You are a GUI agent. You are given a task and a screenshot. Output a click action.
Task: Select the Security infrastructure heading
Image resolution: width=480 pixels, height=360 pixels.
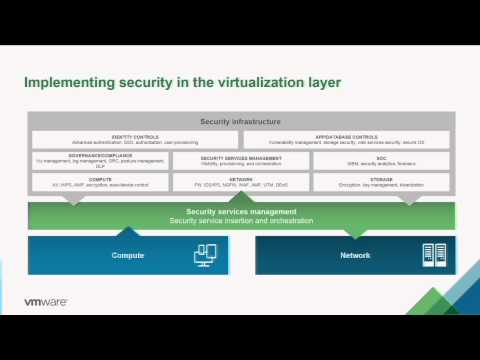coord(240,121)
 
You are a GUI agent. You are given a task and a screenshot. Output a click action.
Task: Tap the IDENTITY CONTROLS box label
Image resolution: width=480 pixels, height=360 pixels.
coord(135,136)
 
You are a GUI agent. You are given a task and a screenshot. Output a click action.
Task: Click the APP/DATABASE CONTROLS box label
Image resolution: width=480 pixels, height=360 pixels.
coord(347,136)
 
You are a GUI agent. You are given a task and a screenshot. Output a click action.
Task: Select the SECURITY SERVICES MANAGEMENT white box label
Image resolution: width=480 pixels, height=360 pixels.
coord(241,157)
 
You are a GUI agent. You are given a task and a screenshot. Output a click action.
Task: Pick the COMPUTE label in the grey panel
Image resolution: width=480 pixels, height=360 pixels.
coord(99,178)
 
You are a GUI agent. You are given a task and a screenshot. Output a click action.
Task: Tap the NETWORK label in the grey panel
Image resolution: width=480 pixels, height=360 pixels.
coord(241,178)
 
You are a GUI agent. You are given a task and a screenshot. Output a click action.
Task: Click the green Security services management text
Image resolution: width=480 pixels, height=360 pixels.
coord(241,212)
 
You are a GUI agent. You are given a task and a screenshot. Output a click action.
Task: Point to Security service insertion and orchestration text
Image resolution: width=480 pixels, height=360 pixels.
coord(241,220)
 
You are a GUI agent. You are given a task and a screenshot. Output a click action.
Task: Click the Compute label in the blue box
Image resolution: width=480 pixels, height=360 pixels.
coord(127,255)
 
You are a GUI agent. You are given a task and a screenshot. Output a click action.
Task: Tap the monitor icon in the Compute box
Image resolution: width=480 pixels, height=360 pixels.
coord(204,255)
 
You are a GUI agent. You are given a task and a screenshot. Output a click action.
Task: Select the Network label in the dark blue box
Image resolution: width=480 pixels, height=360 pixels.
coord(354,255)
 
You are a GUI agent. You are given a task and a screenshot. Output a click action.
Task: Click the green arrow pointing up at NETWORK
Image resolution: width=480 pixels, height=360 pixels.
coord(241,197)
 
